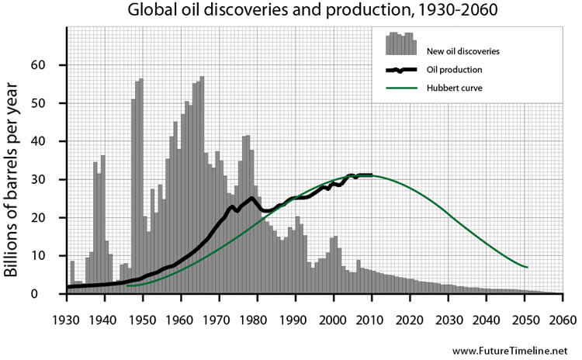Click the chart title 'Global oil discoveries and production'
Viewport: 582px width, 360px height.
[290, 12]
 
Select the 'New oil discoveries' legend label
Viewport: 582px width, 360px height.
[462, 52]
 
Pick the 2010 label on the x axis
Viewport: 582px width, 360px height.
[371, 319]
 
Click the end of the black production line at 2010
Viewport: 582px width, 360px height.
[372, 175]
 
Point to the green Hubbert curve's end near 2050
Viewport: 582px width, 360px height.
[527, 268]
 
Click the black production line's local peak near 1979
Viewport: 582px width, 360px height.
[252, 198]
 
